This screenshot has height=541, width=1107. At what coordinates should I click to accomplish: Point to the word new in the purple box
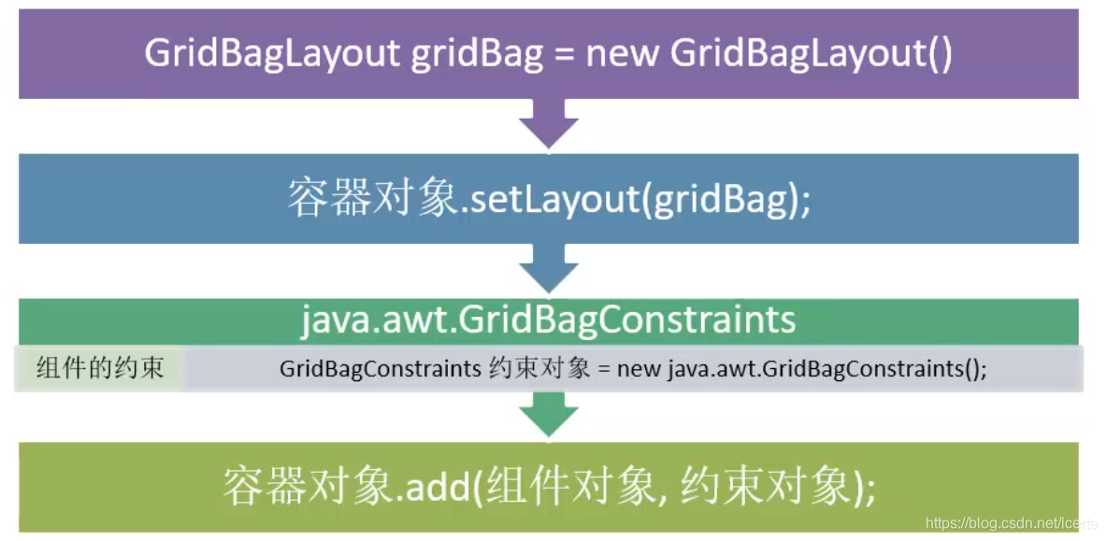(x=623, y=54)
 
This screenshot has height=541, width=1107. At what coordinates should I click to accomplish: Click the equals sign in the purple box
(x=564, y=54)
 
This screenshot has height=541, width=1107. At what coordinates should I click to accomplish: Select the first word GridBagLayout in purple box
(x=272, y=54)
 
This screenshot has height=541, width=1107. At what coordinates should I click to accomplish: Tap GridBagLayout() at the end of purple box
(x=812, y=54)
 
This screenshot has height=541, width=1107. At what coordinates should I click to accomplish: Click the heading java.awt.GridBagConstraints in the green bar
(x=548, y=320)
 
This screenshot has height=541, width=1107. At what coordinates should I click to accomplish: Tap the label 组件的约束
(x=100, y=367)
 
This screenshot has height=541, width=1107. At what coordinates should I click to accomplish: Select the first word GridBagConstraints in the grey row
(x=380, y=368)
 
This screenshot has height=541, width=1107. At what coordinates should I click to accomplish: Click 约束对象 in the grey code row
(x=539, y=368)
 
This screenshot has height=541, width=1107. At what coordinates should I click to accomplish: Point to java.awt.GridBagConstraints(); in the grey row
(x=827, y=368)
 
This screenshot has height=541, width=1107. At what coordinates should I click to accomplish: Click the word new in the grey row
(x=639, y=368)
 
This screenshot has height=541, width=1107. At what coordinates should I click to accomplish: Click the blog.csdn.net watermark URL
(x=1008, y=524)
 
